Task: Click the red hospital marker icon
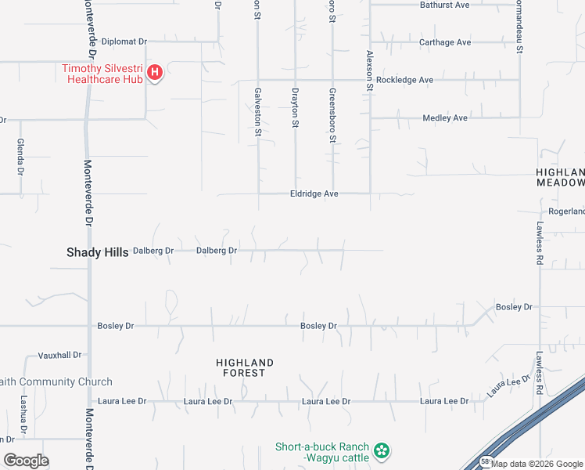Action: (x=154, y=74)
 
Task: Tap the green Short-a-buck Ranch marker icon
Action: (x=381, y=450)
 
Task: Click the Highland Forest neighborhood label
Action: (x=245, y=367)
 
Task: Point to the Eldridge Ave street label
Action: (x=314, y=193)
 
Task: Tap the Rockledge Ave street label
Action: (x=404, y=80)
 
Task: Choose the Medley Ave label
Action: (x=444, y=118)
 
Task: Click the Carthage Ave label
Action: (x=445, y=42)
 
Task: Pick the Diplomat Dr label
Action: (x=124, y=42)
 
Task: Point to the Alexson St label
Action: (x=370, y=70)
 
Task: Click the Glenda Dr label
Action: (x=20, y=157)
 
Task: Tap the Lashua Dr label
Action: (x=23, y=412)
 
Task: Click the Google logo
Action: (x=25, y=461)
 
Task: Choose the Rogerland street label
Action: (x=566, y=211)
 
